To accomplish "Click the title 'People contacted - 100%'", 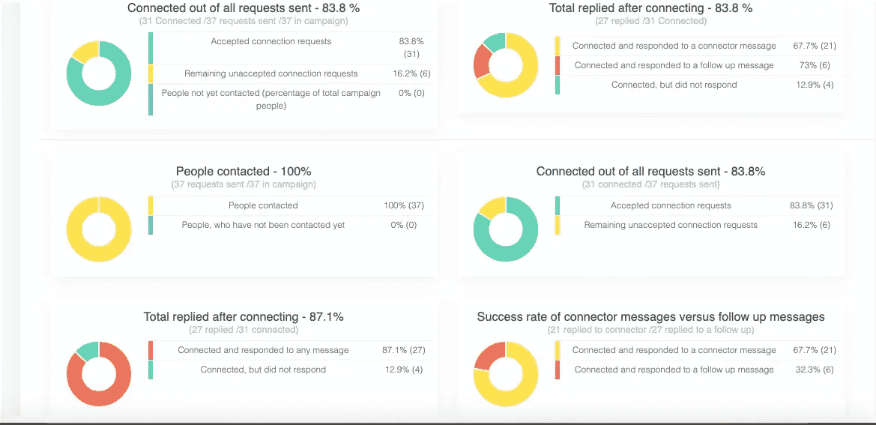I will (244, 172).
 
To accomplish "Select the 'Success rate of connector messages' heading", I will (650, 317).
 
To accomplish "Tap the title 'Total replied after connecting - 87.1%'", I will (244, 317).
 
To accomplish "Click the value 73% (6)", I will (813, 65).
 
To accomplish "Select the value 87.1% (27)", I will (403, 350).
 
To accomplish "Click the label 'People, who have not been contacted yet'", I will (263, 225).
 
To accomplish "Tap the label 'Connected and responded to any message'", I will (263, 350).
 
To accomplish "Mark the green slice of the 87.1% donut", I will (88, 349).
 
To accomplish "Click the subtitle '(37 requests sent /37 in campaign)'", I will (244, 184).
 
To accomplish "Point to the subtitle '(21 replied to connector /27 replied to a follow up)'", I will (650, 330).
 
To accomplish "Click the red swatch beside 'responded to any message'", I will (151, 350).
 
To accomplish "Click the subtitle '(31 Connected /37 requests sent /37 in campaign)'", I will (244, 21).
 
